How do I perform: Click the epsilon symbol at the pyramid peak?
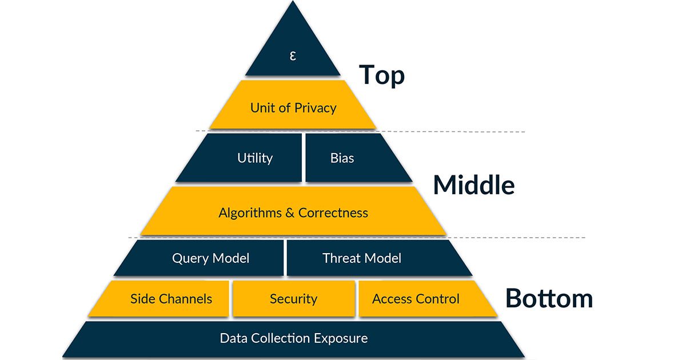pos(293,56)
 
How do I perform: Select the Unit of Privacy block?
pos(293,107)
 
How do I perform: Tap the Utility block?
pos(254,158)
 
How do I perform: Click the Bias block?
pos(342,158)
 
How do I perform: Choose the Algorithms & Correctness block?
pos(293,213)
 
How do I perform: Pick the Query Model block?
pos(210,258)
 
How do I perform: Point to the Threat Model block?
pos(361,258)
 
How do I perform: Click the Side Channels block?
pos(171,298)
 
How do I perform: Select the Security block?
pos(293,298)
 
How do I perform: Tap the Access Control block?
pos(416,298)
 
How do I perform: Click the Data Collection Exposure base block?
pos(293,338)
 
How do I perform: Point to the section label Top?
pos(381,75)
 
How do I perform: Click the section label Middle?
pos(473,185)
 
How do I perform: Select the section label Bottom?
pos(549,298)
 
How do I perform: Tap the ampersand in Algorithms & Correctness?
pos(290,213)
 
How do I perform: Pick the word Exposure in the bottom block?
pos(341,338)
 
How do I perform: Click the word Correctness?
pos(333,213)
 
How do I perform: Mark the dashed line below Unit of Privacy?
pos(457,132)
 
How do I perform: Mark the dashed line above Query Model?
pos(514,237)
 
